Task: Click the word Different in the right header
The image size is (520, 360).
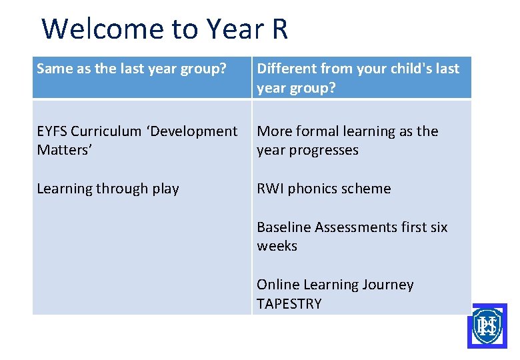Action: pyautogui.click(x=286, y=69)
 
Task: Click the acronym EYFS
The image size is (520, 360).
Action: pyautogui.click(x=52, y=131)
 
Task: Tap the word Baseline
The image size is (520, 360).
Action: pyautogui.click(x=284, y=227)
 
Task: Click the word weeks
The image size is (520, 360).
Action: pyautogui.click(x=277, y=246)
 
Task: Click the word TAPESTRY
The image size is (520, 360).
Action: pyautogui.click(x=289, y=304)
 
